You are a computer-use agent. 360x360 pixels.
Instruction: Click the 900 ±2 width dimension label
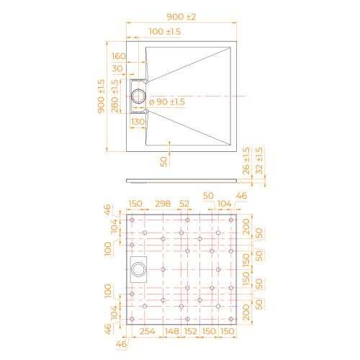181,17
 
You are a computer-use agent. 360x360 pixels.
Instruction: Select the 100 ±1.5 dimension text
165,32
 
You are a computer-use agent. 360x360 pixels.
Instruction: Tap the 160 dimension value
119,56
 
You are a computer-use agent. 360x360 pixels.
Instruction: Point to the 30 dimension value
117,68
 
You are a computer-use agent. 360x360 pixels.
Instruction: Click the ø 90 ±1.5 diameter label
167,102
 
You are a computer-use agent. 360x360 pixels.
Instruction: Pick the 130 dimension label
138,122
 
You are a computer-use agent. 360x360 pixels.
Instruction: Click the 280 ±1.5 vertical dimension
115,96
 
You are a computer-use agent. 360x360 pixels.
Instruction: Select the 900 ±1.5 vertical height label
101,96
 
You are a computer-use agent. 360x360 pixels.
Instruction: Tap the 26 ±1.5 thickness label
246,161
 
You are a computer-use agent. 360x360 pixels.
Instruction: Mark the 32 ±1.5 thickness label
259,161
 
